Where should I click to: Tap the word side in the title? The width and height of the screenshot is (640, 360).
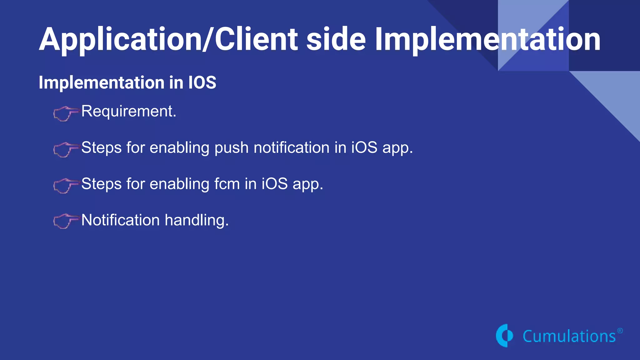336,39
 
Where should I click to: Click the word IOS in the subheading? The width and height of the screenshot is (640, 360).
202,82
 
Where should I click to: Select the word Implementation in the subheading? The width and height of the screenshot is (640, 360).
102,82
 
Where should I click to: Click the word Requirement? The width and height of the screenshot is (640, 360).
128,111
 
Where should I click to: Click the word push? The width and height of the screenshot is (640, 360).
231,148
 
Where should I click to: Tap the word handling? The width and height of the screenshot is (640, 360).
197,220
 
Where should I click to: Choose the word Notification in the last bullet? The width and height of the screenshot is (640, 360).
120,220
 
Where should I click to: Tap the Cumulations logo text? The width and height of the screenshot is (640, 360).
569,337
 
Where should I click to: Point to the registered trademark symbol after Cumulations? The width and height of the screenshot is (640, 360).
620,331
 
